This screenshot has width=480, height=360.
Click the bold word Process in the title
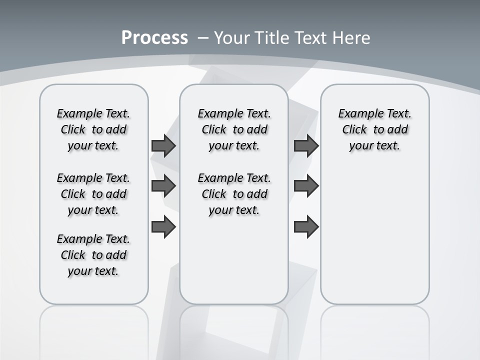coord(154,38)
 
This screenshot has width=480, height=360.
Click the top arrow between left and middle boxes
coord(163,145)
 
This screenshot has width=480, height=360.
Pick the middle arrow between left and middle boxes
coord(163,186)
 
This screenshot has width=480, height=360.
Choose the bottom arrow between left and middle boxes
coord(163,227)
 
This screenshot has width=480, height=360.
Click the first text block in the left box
coord(93,129)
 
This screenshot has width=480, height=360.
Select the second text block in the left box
coord(93,194)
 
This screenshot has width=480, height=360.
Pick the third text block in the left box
coord(93,255)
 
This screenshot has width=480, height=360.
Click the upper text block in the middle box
coord(234,129)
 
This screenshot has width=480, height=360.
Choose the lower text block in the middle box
coord(234,194)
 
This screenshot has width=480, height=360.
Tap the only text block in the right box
coord(375,129)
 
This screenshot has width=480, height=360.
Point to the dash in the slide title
coord(203,38)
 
